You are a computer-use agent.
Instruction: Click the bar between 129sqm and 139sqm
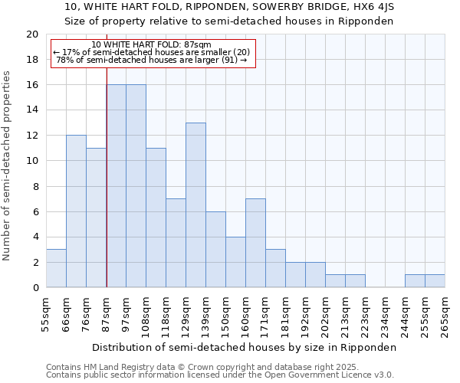[195, 205]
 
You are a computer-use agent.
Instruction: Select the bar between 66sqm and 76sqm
[76, 211]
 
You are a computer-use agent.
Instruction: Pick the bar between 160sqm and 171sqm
[255, 243]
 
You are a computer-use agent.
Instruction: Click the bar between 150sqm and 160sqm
[235, 262]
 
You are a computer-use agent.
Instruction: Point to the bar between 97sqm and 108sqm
[136, 185]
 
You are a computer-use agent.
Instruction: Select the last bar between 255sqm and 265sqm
[435, 281]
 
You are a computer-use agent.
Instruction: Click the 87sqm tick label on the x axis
[107, 313]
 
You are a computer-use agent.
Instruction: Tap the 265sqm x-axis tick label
[445, 314]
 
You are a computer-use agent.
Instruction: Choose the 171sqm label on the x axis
[266, 314]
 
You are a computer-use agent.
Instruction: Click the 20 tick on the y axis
[32, 34]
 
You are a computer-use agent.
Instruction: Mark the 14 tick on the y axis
[32, 110]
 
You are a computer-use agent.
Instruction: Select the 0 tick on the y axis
[35, 288]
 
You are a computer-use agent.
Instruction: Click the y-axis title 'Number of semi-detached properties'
[8, 165]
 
